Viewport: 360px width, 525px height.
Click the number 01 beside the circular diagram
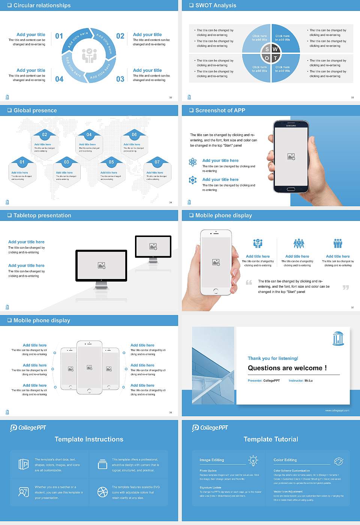coord(59,36)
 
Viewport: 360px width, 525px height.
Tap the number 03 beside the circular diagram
coord(120,79)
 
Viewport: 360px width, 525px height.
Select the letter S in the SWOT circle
coord(267,49)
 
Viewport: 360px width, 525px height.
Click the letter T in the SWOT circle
coord(275,58)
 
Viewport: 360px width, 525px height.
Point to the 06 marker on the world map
coord(134,135)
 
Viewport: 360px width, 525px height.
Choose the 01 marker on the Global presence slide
coord(22,162)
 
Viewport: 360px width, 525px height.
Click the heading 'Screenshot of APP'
coord(220,110)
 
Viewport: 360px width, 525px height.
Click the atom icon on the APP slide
coord(193,162)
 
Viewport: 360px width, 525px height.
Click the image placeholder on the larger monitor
coord(101,265)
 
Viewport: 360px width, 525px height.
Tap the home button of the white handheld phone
coord(216,291)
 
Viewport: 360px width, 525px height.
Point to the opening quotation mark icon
coord(249,282)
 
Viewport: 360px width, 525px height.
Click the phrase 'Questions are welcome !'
coord(287,368)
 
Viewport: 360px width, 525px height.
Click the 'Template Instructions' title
coord(89,439)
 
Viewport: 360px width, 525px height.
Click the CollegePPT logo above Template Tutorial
coord(210,427)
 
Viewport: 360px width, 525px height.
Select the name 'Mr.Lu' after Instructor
coord(308,381)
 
